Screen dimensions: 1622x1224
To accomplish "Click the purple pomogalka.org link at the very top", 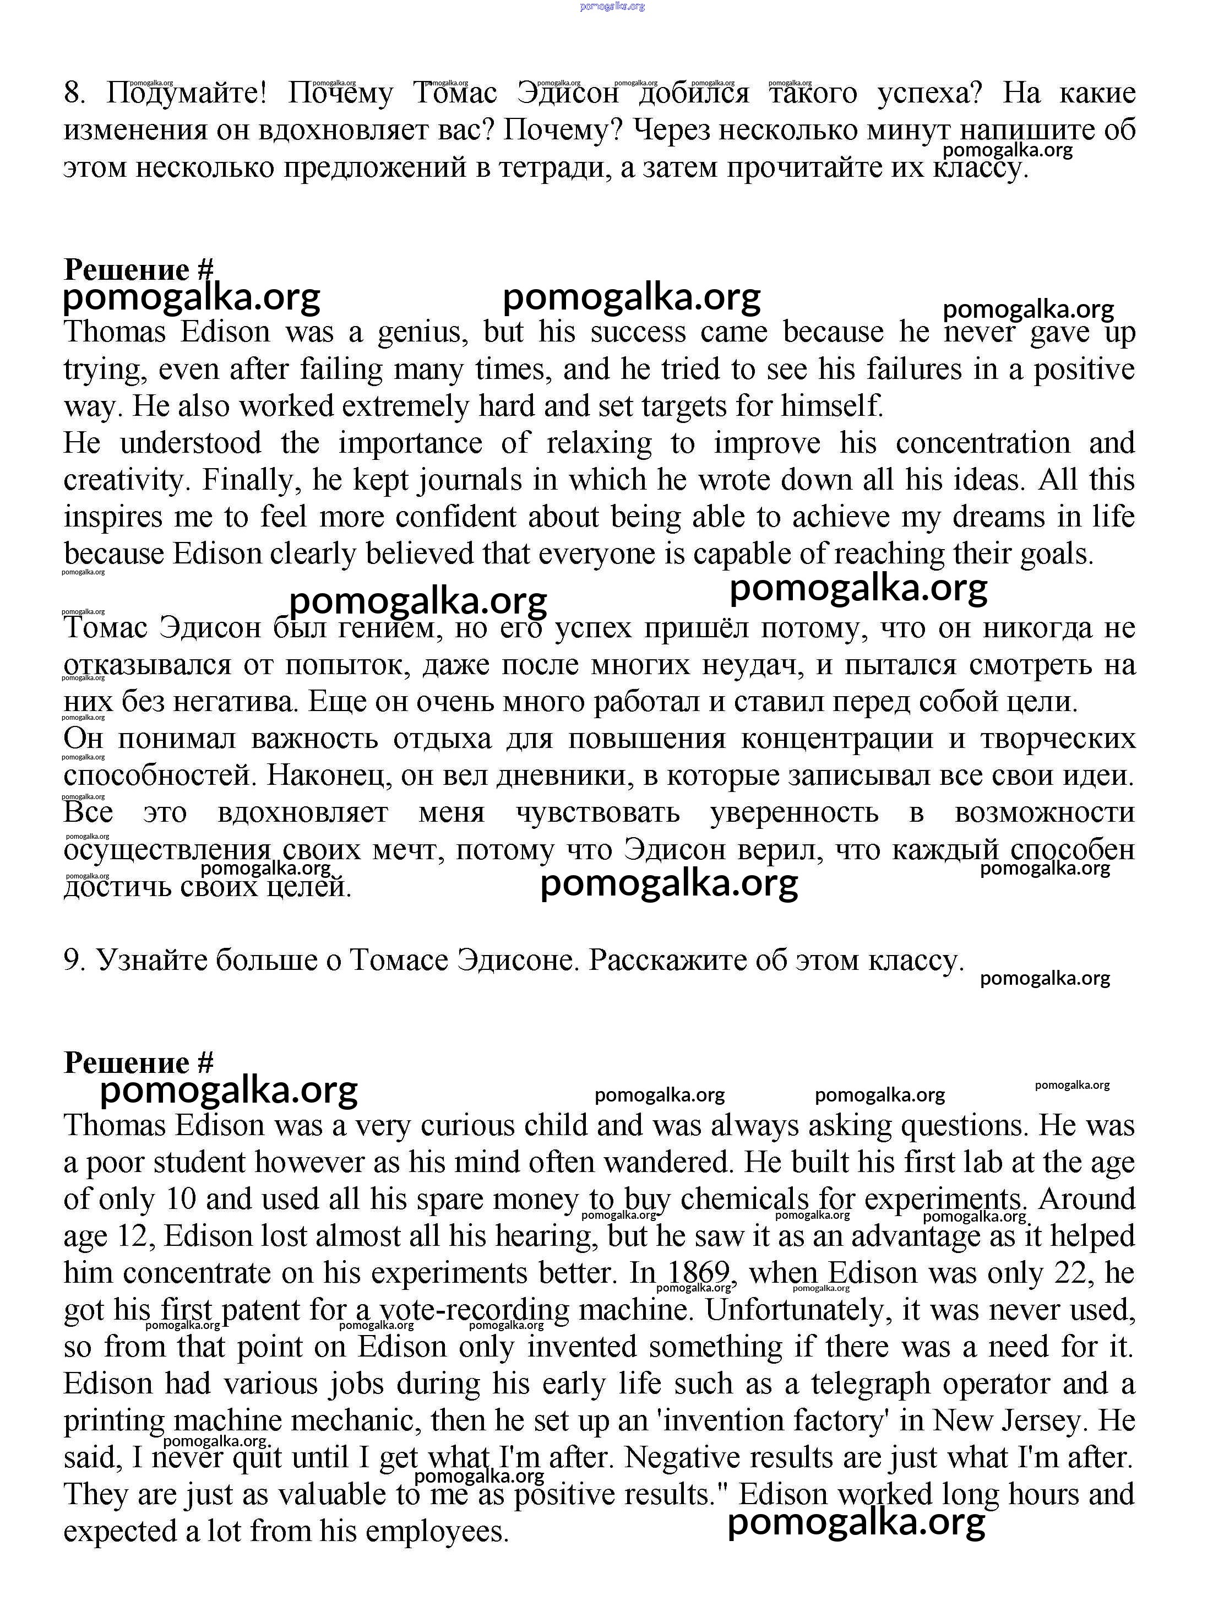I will pos(612,6).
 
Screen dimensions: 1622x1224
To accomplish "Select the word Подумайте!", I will pos(187,94).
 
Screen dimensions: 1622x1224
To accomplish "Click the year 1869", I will pos(699,1273).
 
